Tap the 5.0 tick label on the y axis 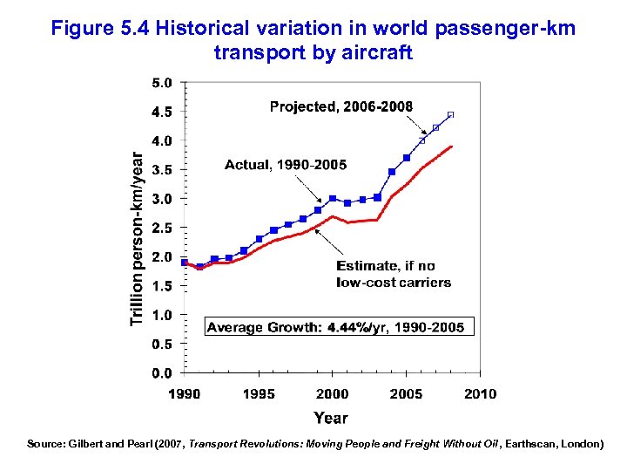point(161,83)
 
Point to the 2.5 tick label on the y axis point(161,228)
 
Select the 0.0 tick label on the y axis point(161,373)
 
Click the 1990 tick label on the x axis point(185,393)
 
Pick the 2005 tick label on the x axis point(407,393)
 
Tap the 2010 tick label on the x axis point(480,393)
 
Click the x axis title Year point(331,418)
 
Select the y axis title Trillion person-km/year point(137,235)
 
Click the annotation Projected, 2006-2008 point(341,106)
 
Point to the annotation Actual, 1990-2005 point(286,164)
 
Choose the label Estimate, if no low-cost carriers point(394,274)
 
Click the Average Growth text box point(340,327)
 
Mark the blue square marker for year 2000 point(333,199)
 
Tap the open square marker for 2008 point(450,114)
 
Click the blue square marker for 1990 point(185,262)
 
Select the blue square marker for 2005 point(407,158)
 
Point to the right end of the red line point(451,147)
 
